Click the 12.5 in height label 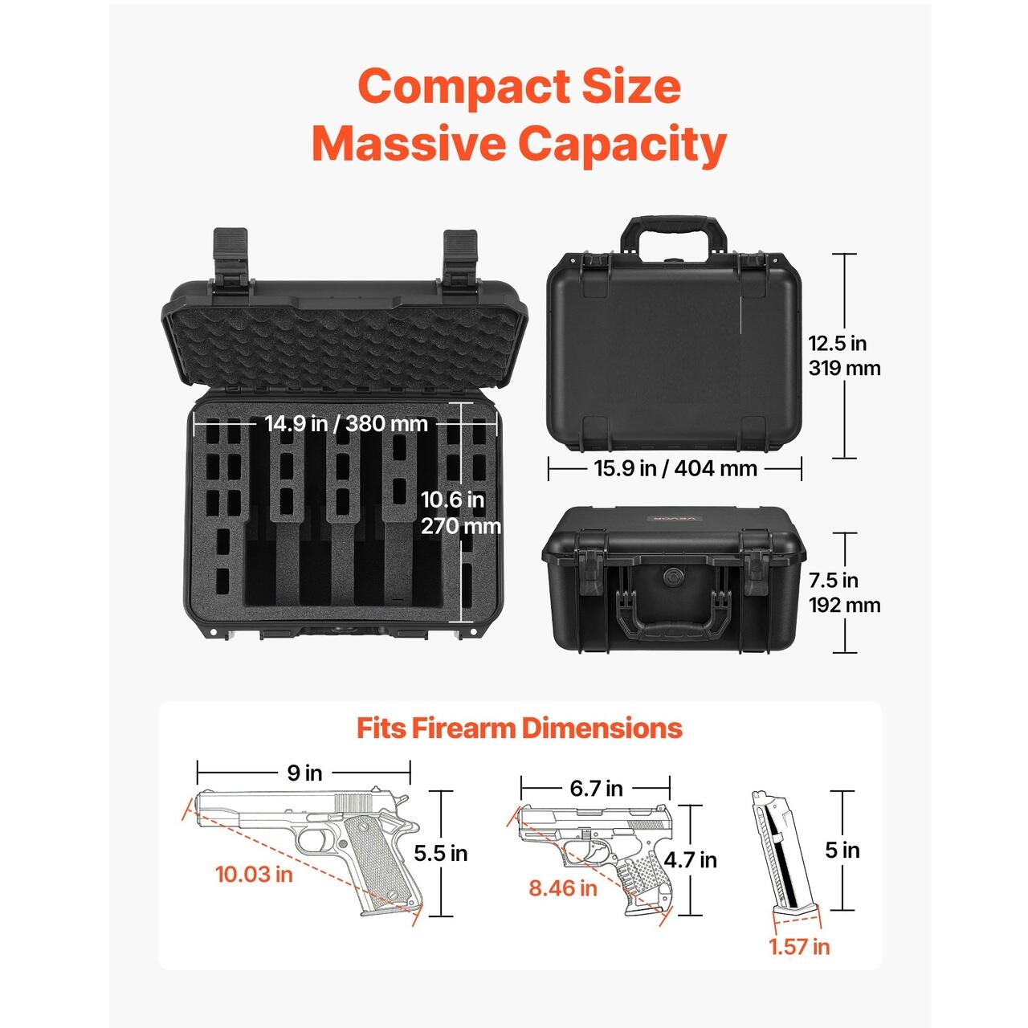[844, 356]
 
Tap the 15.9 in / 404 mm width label [675, 469]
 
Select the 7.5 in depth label [844, 592]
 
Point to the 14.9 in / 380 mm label [346, 424]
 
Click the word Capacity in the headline [622, 144]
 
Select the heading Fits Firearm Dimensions [519, 728]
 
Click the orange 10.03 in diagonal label [254, 874]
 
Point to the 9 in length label [304, 773]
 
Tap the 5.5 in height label [441, 853]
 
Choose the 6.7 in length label [596, 788]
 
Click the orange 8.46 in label [563, 887]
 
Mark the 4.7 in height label [691, 859]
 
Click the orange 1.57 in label [799, 946]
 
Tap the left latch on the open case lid [231, 255]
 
